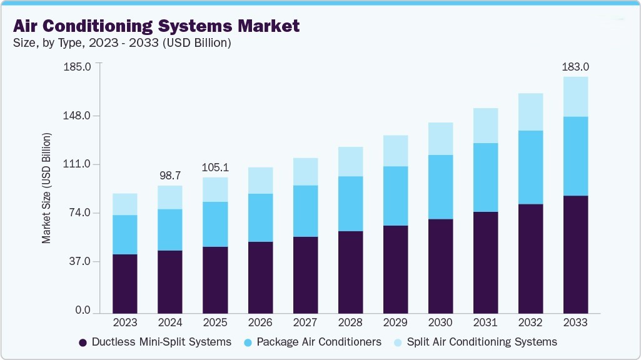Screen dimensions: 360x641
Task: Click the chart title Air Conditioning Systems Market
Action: [156, 26]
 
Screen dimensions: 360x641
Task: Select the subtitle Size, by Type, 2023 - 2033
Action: [122, 43]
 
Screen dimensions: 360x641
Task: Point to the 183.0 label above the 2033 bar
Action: [575, 67]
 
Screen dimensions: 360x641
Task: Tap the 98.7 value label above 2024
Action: [170, 176]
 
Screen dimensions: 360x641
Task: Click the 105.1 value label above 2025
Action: [215, 167]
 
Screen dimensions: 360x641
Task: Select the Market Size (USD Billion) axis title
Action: [46, 188]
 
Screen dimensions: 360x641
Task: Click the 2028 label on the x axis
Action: [350, 322]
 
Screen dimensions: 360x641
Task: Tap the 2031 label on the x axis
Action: [485, 322]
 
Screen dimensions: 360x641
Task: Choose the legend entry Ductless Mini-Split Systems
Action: [155, 342]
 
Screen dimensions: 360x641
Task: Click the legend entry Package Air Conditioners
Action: [313, 342]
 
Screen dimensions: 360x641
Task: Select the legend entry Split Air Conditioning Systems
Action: [475, 342]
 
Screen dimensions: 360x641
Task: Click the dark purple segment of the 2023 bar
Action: [125, 283]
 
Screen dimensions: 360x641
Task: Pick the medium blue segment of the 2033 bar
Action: [575, 156]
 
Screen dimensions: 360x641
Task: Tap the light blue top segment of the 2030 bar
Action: [440, 139]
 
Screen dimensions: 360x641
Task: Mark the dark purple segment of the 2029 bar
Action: [395, 269]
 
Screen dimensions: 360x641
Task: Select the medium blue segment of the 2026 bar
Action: [260, 217]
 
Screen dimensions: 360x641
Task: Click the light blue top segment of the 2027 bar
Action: [305, 171]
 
